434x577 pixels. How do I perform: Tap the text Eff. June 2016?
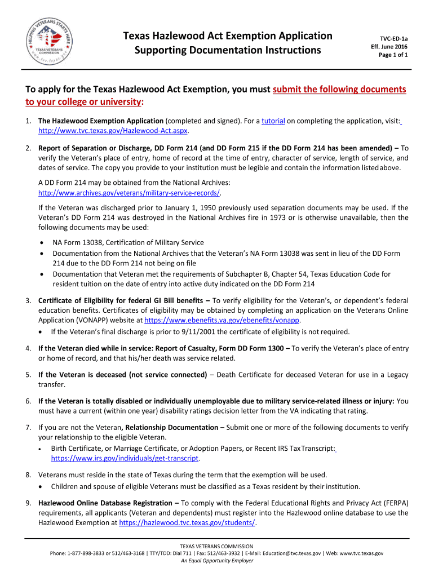coord(389,46)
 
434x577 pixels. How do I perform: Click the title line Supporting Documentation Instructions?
coord(227,50)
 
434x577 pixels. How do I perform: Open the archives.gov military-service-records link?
coord(129,193)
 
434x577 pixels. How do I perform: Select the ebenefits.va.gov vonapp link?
coord(222,319)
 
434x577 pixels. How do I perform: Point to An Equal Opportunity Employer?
coord(217,561)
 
